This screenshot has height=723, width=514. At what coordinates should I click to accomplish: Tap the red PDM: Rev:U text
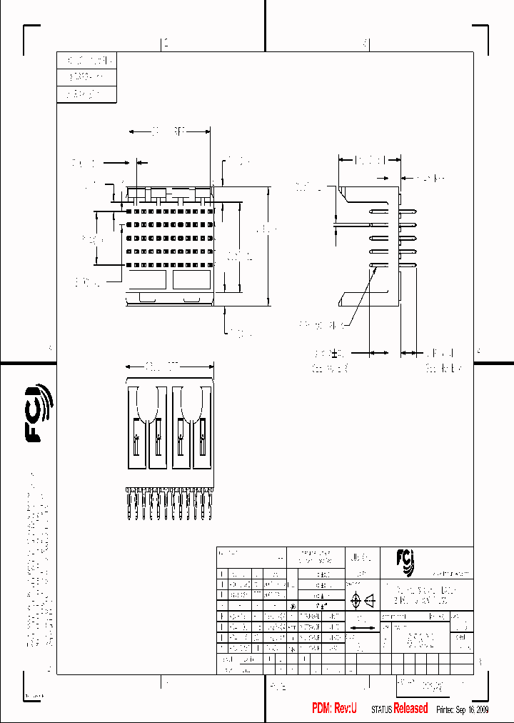[334, 708]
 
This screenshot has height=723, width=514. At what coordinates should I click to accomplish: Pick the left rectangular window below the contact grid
[148, 281]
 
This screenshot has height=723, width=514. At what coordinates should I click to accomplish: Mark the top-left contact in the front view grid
[129, 211]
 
